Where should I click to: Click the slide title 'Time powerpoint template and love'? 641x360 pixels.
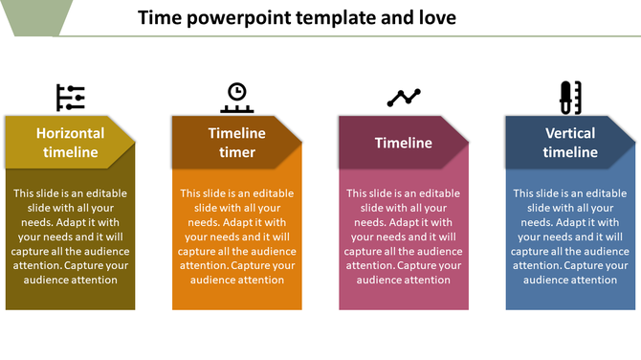click(297, 17)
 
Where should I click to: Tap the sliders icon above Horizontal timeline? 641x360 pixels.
click(71, 97)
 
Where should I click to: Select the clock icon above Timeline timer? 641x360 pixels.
click(236, 96)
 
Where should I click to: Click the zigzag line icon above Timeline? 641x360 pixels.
click(404, 97)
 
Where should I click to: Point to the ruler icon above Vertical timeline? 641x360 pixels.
click(570, 97)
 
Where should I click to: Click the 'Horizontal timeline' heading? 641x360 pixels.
click(70, 143)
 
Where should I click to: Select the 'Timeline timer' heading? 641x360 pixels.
click(237, 143)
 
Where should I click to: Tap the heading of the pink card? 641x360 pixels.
click(403, 143)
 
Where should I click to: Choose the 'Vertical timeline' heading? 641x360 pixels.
click(570, 143)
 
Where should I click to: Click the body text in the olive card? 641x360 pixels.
click(71, 236)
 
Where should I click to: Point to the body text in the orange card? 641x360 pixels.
click(237, 236)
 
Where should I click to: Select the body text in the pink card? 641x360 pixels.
click(404, 236)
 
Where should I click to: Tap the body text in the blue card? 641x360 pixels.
click(570, 236)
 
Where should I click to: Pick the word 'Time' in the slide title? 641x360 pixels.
click(157, 17)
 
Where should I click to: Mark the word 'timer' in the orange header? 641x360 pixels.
click(237, 152)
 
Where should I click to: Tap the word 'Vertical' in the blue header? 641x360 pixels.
click(570, 133)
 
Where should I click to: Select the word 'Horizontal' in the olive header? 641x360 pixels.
click(70, 133)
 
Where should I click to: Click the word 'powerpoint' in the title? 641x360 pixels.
click(228, 17)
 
